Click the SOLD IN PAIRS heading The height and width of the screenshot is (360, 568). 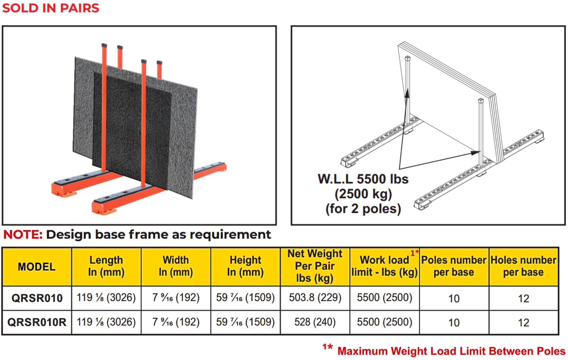(x=51, y=8)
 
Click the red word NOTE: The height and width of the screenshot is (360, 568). (x=23, y=235)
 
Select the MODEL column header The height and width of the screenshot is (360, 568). (x=37, y=267)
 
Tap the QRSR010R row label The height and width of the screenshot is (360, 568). (x=37, y=322)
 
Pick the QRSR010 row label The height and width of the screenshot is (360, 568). (x=37, y=298)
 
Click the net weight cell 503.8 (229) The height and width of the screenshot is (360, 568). (x=315, y=298)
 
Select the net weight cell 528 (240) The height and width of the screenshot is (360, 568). (x=315, y=322)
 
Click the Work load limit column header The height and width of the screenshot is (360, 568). (x=384, y=266)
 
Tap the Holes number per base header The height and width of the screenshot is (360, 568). (x=523, y=266)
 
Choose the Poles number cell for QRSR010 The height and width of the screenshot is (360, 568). (x=454, y=298)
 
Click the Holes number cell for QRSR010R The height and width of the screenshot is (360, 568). (x=523, y=323)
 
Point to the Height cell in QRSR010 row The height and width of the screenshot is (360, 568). (x=245, y=298)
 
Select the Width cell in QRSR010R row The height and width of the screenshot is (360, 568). (x=176, y=322)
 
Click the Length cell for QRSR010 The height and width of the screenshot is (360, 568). (x=106, y=298)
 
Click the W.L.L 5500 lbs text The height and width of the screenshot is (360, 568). (x=363, y=179)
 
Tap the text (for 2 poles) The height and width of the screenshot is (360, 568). (x=363, y=209)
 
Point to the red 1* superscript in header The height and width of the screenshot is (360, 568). (x=414, y=253)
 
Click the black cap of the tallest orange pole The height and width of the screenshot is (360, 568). (x=104, y=45)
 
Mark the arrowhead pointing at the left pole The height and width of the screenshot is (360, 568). (x=407, y=93)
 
